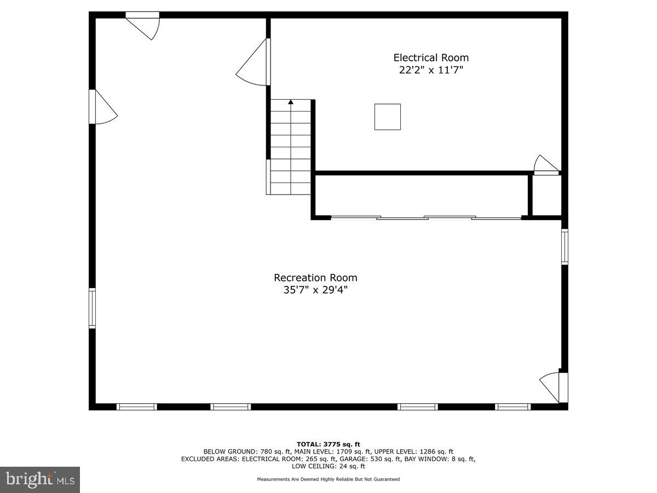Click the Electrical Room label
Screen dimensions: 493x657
coord(431,58)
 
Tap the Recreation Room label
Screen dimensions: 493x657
coord(315,278)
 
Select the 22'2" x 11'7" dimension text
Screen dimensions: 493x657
coord(431,70)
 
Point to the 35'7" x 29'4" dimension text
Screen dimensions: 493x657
coord(315,290)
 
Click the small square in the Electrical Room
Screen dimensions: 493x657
coord(387,117)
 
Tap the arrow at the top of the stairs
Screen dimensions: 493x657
coord(291,102)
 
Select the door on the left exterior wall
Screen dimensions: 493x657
coord(104,107)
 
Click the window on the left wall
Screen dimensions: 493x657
coord(93,308)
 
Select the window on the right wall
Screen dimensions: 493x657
coord(564,247)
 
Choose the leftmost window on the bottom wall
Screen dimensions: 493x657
coord(137,406)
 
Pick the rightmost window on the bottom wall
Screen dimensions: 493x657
coord(513,406)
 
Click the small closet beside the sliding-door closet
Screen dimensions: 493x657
coord(546,196)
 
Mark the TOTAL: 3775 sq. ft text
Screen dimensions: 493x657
coord(328,444)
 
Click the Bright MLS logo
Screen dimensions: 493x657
coord(40,480)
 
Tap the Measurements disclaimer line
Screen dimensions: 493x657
coord(328,479)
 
